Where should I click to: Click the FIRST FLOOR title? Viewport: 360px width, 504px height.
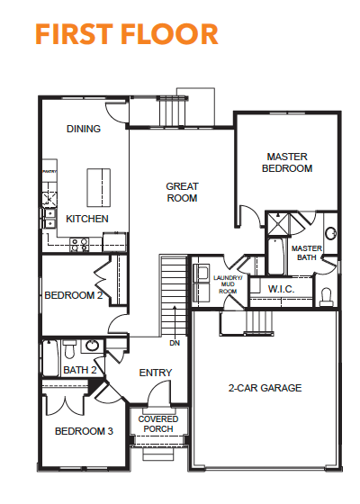[x=127, y=33]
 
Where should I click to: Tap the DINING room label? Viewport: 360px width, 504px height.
[x=84, y=129]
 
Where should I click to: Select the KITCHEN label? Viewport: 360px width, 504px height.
[x=87, y=219]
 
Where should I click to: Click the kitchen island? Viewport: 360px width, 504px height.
[x=99, y=188]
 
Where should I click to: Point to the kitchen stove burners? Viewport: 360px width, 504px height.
[x=79, y=245]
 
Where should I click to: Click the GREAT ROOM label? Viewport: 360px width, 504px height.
[x=182, y=193]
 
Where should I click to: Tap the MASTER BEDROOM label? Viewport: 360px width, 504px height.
[x=287, y=163]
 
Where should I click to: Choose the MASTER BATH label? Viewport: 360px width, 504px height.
[x=307, y=253]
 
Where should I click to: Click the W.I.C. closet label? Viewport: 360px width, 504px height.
[x=281, y=289]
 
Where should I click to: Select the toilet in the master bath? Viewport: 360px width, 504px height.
[x=326, y=298]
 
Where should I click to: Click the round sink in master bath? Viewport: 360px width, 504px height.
[x=330, y=233]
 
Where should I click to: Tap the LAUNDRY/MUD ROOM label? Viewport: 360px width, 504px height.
[x=228, y=284]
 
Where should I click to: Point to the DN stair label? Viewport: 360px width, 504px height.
[x=175, y=343]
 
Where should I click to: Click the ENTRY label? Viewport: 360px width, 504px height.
[x=156, y=373]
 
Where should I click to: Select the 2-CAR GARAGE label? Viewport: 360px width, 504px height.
[x=265, y=388]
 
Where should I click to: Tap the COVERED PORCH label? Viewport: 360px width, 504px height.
[x=158, y=424]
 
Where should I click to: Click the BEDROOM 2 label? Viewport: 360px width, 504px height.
[x=74, y=295]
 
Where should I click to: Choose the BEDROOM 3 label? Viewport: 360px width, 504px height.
[x=84, y=431]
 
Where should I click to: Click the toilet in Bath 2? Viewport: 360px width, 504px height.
[x=70, y=349]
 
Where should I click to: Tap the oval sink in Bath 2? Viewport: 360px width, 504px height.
[x=92, y=346]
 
